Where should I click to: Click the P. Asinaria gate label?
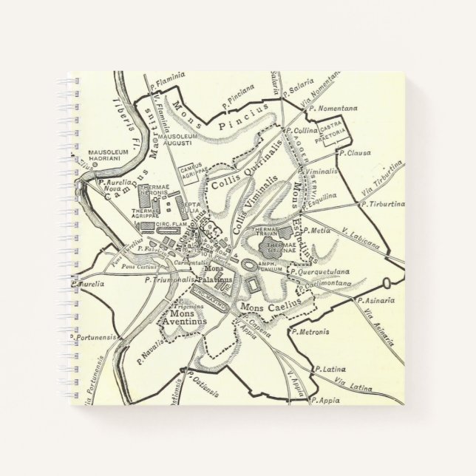(x=373, y=302)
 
